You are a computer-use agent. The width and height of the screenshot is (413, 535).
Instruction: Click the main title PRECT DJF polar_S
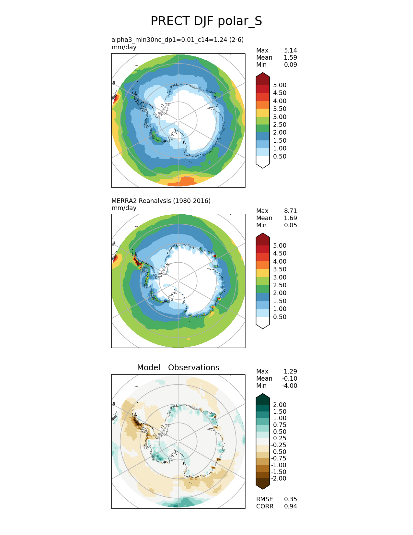(x=206, y=21)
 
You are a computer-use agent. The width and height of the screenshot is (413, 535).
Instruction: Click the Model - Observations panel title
(x=178, y=367)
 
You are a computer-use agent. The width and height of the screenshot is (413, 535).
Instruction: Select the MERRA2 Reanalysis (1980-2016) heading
(x=161, y=201)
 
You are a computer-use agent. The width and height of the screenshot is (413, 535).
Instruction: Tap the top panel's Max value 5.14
(x=290, y=50)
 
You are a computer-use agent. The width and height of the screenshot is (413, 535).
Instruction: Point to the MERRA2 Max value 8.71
(x=290, y=211)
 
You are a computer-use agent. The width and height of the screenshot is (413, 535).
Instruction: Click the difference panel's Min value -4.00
(x=290, y=386)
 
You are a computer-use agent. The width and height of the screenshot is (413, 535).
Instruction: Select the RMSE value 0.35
(x=290, y=499)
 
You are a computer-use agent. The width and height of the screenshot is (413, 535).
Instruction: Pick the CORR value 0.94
(x=290, y=506)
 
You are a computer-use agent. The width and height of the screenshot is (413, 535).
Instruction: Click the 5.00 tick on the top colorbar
(x=280, y=85)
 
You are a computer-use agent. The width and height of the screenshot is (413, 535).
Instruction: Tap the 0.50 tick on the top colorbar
(x=280, y=156)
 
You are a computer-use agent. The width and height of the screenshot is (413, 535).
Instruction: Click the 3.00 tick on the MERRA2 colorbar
(x=280, y=277)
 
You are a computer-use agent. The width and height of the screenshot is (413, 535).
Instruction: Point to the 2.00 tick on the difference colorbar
(x=280, y=405)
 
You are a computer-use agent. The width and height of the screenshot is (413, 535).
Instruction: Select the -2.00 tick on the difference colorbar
(x=279, y=478)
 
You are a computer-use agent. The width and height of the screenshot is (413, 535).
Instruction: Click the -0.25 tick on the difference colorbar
(x=279, y=445)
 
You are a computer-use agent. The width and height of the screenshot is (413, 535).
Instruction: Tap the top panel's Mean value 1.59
(x=290, y=57)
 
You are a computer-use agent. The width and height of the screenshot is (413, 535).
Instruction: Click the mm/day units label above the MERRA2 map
(x=124, y=208)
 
